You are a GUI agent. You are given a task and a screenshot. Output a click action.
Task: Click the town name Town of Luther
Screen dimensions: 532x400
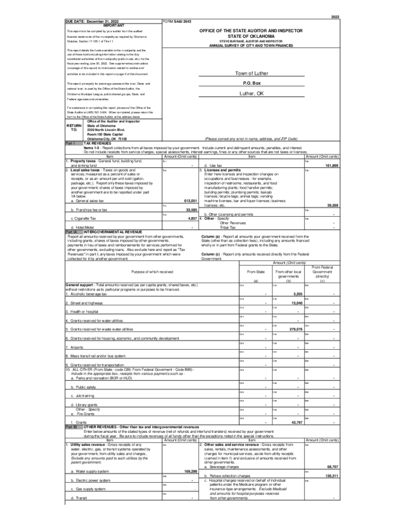click(x=251, y=73)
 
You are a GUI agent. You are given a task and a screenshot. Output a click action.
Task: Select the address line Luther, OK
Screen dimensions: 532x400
click(x=251, y=94)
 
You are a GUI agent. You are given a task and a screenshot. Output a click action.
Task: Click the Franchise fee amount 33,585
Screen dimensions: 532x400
click(x=191, y=210)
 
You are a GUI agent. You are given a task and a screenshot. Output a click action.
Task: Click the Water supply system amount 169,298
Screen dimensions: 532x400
click(x=190, y=471)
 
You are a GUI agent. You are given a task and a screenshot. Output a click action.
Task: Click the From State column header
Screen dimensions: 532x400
click(x=256, y=271)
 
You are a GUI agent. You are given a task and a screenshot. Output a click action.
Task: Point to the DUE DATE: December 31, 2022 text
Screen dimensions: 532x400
click(x=92, y=21)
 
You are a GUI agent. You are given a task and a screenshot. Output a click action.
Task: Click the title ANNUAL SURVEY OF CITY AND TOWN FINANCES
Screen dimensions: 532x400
click(x=251, y=46)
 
